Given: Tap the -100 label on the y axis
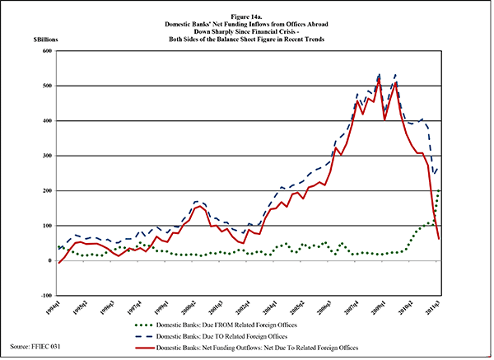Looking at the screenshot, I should pos(45,295).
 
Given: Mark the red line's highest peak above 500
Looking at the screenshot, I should pos(378,79).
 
